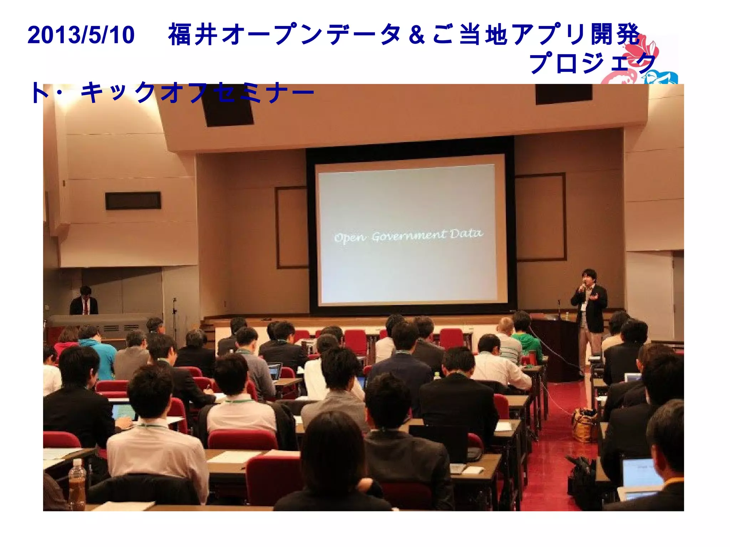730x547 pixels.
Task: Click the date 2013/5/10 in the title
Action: [x=81, y=35]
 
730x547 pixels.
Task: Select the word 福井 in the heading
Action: [x=192, y=35]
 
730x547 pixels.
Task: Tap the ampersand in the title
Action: [x=417, y=35]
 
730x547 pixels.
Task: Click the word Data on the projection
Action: [x=466, y=234]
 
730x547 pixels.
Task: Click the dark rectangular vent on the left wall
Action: [x=133, y=201]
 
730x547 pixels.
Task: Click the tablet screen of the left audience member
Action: [x=124, y=412]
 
